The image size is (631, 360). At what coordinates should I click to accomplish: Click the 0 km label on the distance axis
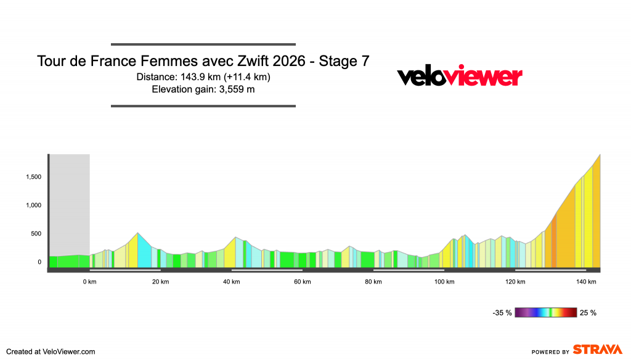tap(90, 282)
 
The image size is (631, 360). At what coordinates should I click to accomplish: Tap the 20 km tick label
tap(161, 282)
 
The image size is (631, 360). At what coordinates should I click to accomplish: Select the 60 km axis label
tap(303, 282)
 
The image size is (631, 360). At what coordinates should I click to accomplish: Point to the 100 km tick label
tap(444, 282)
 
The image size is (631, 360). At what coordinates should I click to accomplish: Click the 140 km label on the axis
tap(586, 282)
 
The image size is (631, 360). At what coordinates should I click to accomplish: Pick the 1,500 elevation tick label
tap(33, 178)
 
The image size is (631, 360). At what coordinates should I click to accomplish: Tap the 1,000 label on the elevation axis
tap(33, 206)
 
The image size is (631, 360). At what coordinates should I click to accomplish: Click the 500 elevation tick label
tap(36, 234)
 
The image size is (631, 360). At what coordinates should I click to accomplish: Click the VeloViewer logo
tap(459, 76)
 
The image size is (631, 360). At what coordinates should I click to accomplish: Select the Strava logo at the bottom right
tap(598, 350)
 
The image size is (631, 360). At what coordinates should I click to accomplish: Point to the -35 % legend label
tap(502, 313)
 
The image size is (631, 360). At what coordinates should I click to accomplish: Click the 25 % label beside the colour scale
tap(588, 313)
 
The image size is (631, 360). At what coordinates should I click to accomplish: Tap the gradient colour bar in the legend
tap(545, 313)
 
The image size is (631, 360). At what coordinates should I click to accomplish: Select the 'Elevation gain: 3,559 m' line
tap(203, 89)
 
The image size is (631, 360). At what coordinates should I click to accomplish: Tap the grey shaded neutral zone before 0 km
tap(70, 203)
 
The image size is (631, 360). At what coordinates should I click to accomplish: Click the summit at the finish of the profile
tap(600, 156)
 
